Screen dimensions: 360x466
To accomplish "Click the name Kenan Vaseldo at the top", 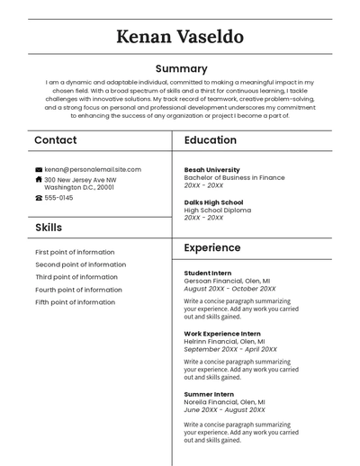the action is click(180, 37).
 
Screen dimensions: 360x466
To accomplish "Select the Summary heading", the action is click(181, 68).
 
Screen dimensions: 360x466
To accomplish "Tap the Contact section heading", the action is click(56, 140).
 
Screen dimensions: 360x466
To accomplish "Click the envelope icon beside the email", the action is click(39, 169).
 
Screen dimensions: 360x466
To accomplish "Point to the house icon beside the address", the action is click(39, 179).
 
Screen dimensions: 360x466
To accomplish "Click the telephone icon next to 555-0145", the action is click(39, 198).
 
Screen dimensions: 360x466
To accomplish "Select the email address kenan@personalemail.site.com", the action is click(93, 169).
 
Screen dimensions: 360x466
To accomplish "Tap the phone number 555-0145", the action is click(58, 198).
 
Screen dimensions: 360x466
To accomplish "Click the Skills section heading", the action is click(49, 228).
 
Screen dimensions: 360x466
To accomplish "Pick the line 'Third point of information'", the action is click(76, 277).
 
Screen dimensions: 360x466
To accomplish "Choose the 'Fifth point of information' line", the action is click(76, 302).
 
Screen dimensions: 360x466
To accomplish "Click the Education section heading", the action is click(211, 140).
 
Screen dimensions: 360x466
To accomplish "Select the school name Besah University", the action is click(212, 169).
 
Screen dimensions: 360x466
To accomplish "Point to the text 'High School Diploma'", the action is click(218, 211).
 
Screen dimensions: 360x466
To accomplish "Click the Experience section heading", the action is click(212, 247).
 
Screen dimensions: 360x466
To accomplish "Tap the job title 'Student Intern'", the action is click(208, 273).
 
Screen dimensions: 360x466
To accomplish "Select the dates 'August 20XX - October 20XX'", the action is click(230, 289).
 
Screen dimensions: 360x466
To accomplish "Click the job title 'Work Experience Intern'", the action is click(222, 334).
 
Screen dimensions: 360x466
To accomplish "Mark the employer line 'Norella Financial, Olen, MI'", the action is click(225, 402).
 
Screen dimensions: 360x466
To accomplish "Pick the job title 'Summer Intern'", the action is click(209, 394).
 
